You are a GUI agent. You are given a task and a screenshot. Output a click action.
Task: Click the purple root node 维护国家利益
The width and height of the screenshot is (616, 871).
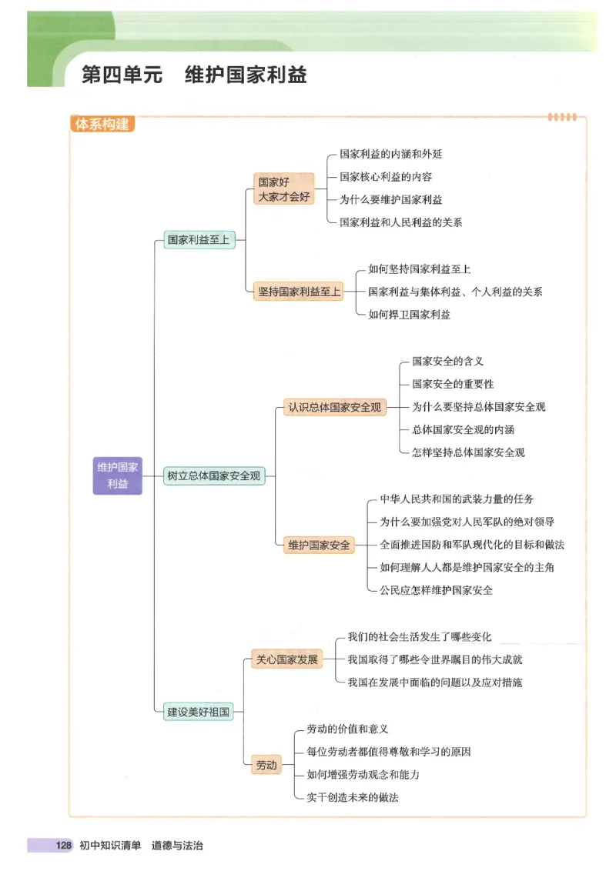[118, 476]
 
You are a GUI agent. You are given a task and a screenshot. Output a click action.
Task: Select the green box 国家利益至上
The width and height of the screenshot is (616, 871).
[199, 239]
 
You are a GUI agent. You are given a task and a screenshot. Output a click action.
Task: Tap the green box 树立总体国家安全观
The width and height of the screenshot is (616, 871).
[214, 476]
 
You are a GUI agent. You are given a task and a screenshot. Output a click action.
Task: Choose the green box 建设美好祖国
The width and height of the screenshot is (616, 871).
[199, 712]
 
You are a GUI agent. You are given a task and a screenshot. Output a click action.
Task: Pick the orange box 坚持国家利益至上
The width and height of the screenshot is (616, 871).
[298, 292]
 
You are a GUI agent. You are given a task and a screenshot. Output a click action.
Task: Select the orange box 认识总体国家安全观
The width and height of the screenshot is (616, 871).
[334, 408]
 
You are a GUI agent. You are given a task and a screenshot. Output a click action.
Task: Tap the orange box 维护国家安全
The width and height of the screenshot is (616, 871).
[320, 546]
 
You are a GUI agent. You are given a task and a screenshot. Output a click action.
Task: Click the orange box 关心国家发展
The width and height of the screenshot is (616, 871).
[288, 659]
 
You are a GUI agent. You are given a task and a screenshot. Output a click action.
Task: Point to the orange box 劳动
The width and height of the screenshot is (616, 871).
[266, 765]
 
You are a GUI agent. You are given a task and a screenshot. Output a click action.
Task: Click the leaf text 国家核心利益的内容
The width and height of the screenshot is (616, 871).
[386, 177]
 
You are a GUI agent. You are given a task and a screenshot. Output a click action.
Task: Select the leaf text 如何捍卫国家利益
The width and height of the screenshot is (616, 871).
[409, 314]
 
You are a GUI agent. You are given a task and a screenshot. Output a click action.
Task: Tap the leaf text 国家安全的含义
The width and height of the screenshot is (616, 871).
[447, 361]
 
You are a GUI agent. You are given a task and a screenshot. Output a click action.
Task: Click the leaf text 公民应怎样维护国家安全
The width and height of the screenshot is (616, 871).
[436, 590]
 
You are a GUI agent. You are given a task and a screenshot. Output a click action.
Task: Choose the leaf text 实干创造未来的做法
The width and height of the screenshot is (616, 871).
[352, 797]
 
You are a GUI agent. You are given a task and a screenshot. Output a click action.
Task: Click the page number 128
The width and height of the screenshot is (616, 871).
[63, 846]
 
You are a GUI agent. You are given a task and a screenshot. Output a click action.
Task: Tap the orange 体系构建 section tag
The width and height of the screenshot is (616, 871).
[102, 123]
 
